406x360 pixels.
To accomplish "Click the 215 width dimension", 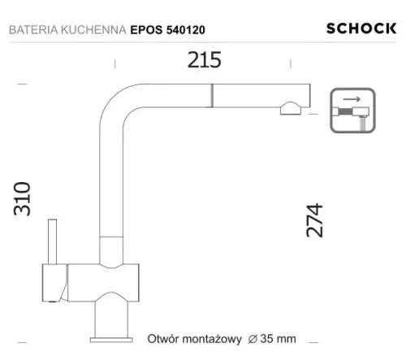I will [x=204, y=61].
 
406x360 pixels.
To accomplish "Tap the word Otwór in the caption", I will [x=162, y=338].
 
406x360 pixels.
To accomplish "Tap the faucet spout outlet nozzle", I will [x=290, y=107].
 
